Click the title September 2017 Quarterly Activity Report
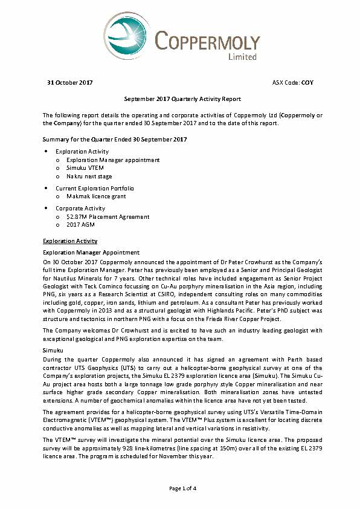click(x=180, y=99)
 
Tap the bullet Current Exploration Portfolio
click(x=94, y=188)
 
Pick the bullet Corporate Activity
click(x=80, y=208)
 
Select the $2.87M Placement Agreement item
click(x=108, y=216)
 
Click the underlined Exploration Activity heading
click(x=69, y=241)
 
